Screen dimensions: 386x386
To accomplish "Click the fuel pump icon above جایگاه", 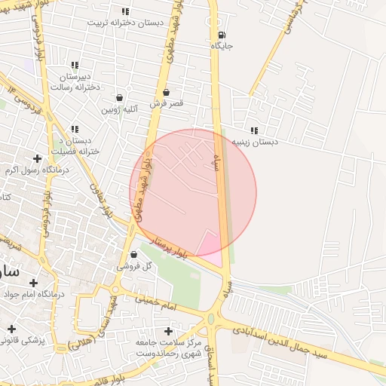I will click(220, 35).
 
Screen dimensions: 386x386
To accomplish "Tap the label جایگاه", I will click(222, 47).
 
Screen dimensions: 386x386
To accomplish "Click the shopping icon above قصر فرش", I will click(166, 92).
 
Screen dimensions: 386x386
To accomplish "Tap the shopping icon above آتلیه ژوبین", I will click(119, 97).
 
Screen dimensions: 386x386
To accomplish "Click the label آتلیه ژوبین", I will click(119, 109).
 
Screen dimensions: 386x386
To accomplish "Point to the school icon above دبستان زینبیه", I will click(254, 130).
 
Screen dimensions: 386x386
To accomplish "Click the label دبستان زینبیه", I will click(255, 142).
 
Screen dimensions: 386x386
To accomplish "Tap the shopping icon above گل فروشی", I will click(133, 254).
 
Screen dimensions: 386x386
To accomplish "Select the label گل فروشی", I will click(136, 266).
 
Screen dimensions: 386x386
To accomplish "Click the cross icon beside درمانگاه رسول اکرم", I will click(37, 158).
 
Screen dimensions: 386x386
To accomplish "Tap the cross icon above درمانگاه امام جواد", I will click(33, 283).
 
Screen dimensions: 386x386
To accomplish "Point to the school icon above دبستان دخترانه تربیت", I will click(125, 11).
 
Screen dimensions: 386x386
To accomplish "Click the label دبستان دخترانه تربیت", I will click(125, 23).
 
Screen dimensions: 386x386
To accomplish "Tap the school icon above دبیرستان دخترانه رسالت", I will click(74, 66).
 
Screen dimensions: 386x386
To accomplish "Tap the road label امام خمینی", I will click(157, 303).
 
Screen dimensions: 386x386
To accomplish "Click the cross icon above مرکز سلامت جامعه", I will click(169, 331).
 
